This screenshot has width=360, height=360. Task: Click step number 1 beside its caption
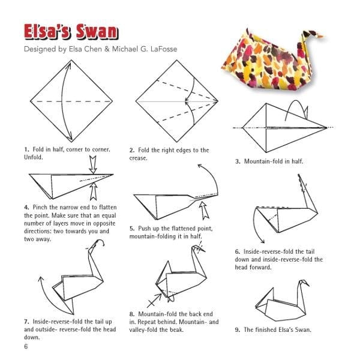26,149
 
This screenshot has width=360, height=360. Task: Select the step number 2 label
131,150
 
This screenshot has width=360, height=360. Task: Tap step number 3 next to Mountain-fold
238,161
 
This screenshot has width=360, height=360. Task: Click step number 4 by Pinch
26,207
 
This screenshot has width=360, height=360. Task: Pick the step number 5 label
131,229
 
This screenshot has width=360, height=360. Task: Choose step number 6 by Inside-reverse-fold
238,251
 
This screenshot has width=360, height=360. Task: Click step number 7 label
26,322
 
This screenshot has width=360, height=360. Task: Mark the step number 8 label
131,314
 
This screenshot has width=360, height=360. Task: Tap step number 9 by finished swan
238,329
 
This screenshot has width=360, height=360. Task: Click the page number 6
26,346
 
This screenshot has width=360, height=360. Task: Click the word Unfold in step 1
35,157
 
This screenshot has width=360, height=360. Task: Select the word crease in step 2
139,158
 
